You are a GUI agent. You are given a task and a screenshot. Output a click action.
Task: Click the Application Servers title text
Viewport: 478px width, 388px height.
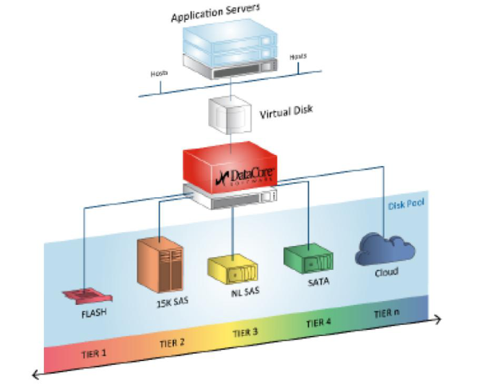pyautogui.click(x=215, y=13)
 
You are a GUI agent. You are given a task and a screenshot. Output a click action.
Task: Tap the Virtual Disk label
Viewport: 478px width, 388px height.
pyautogui.click(x=286, y=112)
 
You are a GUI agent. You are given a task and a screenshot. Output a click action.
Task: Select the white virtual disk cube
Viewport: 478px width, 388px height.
pyautogui.click(x=230, y=114)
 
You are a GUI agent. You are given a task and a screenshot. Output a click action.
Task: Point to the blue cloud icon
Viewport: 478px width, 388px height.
pyautogui.click(x=385, y=249)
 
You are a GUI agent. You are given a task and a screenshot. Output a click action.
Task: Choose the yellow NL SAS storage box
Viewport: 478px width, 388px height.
pyautogui.click(x=232, y=269)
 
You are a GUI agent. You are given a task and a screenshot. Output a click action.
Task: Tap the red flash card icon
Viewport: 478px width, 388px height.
pyautogui.click(x=88, y=295)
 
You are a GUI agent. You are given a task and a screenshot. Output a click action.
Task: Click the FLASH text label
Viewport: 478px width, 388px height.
pyautogui.click(x=94, y=313)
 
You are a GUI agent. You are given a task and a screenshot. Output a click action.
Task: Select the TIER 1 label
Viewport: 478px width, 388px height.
pyautogui.click(x=94, y=354)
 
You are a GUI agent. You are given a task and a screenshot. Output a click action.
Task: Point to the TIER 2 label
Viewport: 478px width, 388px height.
pyautogui.click(x=172, y=343)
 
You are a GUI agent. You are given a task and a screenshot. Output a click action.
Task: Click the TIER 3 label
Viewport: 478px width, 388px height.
pyautogui.click(x=246, y=332)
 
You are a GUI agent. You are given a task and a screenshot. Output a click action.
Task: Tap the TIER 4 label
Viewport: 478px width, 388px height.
pyautogui.click(x=318, y=323)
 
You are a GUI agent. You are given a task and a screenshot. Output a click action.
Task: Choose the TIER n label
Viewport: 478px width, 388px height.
pyautogui.click(x=386, y=313)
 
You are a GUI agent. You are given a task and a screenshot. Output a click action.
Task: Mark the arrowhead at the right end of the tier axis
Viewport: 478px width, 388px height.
pyautogui.click(x=438, y=319)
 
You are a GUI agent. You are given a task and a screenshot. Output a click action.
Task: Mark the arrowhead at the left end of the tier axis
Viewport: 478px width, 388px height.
pyautogui.click(x=35, y=374)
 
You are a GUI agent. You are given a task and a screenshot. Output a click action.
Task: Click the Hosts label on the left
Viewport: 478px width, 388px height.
pyautogui.click(x=159, y=73)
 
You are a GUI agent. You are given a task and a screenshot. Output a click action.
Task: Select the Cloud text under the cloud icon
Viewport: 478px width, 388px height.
pyautogui.click(x=386, y=272)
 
